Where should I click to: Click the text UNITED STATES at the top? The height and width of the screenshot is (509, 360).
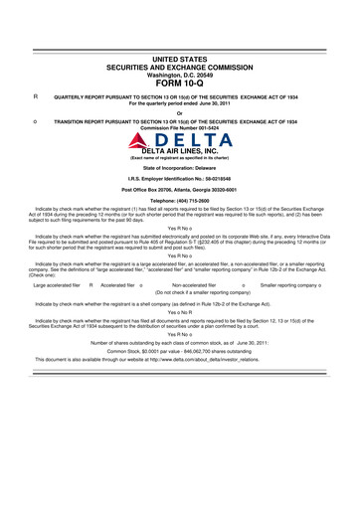point(180,61)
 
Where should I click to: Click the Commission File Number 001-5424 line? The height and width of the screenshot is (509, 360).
point(180,128)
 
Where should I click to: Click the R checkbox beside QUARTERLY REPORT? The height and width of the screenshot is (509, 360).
point(36,97)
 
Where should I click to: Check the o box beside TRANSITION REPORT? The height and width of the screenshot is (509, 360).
point(36,122)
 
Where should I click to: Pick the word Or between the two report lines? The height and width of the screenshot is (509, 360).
point(180,112)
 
